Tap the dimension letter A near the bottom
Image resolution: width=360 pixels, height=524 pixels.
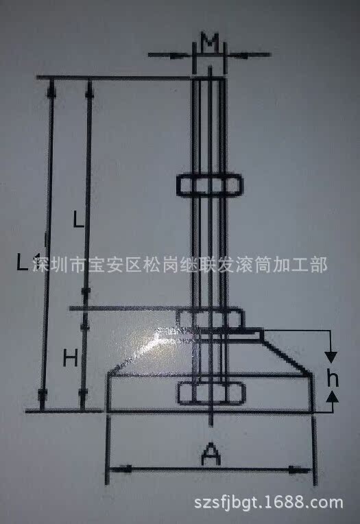[x=211, y=454]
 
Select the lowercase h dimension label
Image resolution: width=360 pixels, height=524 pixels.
[x=333, y=379]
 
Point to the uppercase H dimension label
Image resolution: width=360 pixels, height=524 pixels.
[x=71, y=359]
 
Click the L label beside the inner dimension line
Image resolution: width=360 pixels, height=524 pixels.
[x=79, y=220]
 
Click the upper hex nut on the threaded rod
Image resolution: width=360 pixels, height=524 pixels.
[x=210, y=184]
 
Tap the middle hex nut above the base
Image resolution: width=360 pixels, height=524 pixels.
[x=211, y=319]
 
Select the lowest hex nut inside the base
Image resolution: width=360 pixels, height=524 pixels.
[x=212, y=393]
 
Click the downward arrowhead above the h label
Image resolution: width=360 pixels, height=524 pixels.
[x=331, y=357]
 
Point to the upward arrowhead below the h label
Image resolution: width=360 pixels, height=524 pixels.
[x=333, y=396]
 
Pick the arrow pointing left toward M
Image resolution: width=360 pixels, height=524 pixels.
[x=250, y=55]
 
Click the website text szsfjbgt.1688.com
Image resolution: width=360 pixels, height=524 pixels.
[x=269, y=502]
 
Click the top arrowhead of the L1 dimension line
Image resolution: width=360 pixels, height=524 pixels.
[x=51, y=88]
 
